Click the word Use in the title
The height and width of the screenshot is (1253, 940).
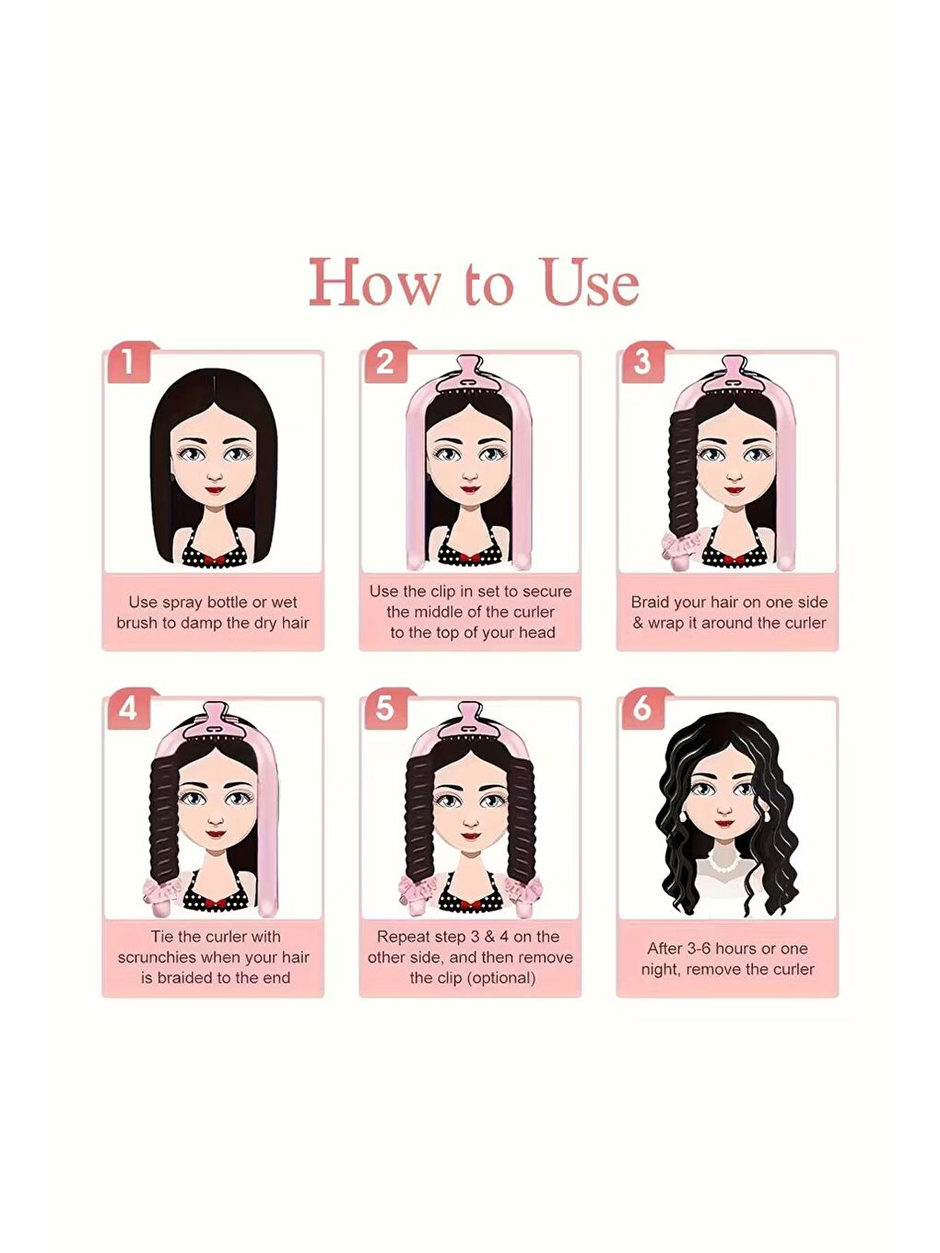click(x=593, y=283)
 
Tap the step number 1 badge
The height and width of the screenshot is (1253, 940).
click(x=128, y=362)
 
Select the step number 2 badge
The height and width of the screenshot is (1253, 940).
click(x=385, y=362)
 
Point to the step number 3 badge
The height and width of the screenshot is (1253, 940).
click(x=642, y=362)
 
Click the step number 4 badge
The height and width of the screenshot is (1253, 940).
click(x=128, y=709)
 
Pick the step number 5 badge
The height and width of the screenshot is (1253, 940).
click(x=385, y=709)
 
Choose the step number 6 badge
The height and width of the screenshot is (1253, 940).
click(x=642, y=709)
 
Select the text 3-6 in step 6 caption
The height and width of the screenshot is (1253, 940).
click(x=693, y=949)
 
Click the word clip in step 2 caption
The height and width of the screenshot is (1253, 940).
click(x=441, y=592)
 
